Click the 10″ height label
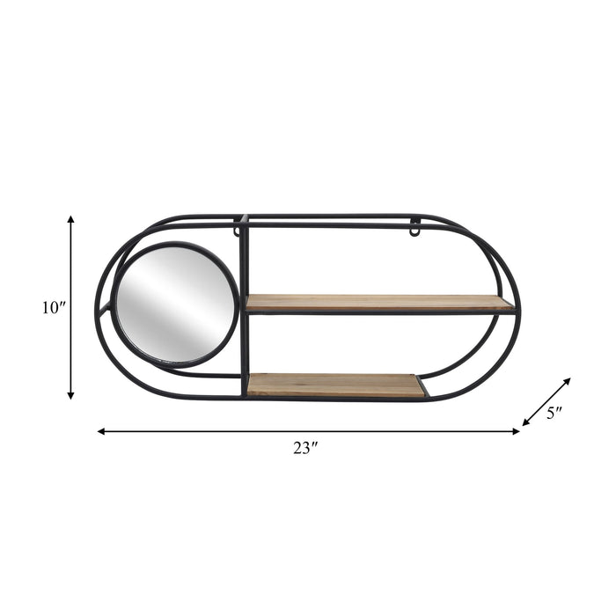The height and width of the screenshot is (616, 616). pos(54,308)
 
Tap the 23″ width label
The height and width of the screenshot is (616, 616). pos(305,447)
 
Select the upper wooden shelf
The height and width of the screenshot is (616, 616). pos(378,304)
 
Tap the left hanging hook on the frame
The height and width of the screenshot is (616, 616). pos(237,231)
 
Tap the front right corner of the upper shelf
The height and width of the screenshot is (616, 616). pos(512,309)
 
